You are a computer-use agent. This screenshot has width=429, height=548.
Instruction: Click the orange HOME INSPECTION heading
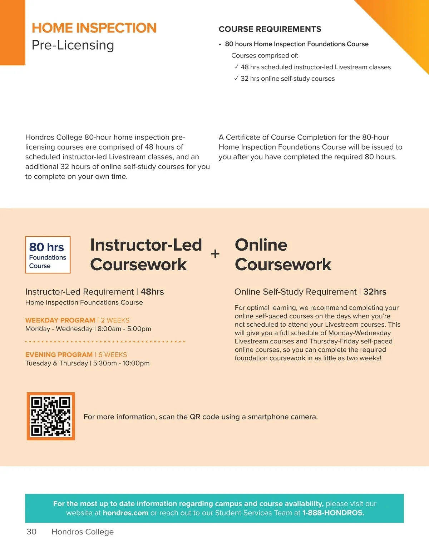point(94,28)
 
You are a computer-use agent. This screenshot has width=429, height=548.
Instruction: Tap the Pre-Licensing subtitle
point(73,45)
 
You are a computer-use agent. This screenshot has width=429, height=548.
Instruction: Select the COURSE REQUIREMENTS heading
point(270,29)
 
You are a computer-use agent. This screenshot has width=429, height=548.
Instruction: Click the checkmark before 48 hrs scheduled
point(236,67)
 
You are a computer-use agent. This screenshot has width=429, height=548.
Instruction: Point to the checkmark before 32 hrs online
point(236,78)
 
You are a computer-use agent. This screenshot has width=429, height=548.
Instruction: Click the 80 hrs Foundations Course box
point(48,255)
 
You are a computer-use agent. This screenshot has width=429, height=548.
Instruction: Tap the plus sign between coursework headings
point(215,254)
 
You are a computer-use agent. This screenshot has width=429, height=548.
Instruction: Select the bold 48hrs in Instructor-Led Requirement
point(152,292)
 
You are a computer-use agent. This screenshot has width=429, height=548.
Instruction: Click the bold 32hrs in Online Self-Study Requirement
point(375,292)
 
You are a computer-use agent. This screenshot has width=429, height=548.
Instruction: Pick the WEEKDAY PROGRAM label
point(60,320)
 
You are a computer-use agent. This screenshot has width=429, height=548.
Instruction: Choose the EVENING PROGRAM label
point(59,355)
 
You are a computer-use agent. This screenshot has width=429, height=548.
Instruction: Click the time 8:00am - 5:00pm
point(124,329)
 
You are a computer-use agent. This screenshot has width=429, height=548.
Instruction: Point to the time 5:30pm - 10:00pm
point(121,363)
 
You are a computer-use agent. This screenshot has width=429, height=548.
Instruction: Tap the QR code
point(51,416)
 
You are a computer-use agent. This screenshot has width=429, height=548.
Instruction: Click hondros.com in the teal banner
point(125,513)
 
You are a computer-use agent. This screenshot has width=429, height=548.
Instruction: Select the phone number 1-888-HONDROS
point(333,513)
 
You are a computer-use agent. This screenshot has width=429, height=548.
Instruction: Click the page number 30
point(31,532)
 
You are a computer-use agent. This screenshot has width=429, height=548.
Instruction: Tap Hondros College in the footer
point(83,532)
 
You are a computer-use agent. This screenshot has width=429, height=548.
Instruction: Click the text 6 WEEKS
point(113,355)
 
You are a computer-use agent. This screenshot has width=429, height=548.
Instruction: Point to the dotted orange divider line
point(105,342)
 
